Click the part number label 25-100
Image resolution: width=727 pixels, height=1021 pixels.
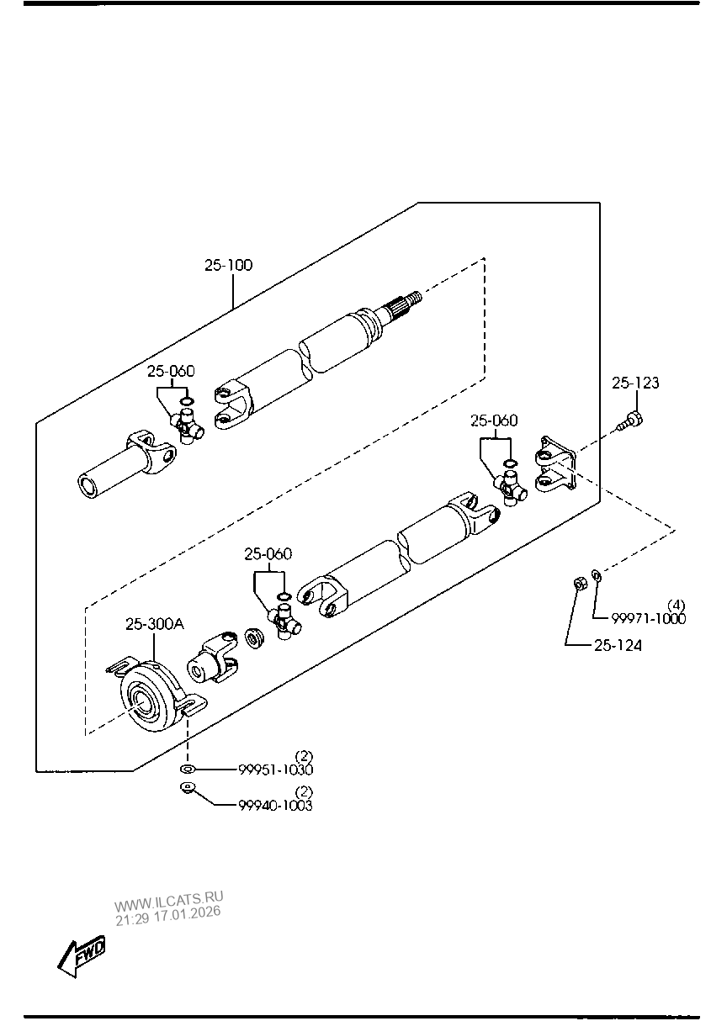point(228,265)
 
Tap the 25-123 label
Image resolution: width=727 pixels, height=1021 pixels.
point(635,383)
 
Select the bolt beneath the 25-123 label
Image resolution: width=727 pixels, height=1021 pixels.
point(630,421)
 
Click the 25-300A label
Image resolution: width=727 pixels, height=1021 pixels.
point(155,624)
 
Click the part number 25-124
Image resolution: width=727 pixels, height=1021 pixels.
point(618,645)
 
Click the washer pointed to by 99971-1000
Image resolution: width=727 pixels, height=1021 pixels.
point(597,576)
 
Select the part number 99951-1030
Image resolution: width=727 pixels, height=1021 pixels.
point(275,770)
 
